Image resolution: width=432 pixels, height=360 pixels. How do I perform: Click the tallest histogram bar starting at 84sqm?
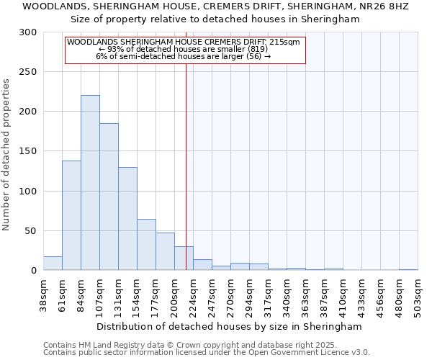(90, 183)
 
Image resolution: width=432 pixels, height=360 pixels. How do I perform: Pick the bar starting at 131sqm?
(127, 219)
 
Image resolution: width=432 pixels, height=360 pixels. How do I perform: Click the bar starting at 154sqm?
(146, 245)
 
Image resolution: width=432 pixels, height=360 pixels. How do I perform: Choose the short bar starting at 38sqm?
(53, 264)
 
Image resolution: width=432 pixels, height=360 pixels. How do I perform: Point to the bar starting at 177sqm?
(165, 251)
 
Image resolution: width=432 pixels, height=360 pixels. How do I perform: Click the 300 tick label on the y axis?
(28, 32)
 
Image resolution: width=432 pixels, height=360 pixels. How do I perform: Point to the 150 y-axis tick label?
(28, 151)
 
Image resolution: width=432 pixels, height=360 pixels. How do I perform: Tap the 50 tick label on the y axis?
(31, 231)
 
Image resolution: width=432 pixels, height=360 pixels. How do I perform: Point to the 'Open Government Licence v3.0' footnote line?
(207, 353)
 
